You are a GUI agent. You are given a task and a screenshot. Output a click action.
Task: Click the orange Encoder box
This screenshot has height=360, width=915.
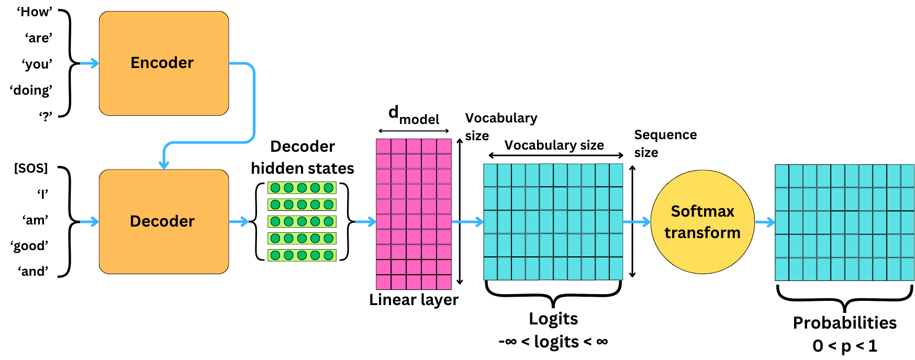(x=163, y=63)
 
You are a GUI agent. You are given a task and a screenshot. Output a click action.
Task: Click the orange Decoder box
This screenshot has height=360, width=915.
(x=163, y=221)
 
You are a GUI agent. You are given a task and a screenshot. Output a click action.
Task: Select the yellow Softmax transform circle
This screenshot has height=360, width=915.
(x=702, y=222)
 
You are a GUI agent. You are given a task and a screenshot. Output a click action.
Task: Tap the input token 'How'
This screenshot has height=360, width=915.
(x=35, y=12)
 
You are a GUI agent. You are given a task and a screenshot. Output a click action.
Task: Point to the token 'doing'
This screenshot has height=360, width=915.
(x=31, y=90)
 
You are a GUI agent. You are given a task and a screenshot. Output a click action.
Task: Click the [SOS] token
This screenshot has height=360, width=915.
(x=31, y=168)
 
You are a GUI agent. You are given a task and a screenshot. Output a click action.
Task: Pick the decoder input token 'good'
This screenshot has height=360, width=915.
(x=30, y=245)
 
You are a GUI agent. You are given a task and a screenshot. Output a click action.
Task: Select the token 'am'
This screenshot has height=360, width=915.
(x=35, y=220)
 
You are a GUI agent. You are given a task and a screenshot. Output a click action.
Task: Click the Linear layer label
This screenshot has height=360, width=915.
(x=414, y=300)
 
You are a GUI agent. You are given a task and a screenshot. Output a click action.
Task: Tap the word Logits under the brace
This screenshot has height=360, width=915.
(x=553, y=319)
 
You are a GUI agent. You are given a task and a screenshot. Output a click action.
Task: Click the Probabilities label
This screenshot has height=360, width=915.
(x=844, y=323)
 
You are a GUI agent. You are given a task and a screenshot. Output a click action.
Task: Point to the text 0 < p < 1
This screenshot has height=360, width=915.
(x=844, y=346)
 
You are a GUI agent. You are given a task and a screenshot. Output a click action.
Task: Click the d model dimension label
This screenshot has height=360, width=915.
(x=414, y=115)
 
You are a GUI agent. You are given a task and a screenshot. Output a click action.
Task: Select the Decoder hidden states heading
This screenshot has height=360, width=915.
(x=303, y=157)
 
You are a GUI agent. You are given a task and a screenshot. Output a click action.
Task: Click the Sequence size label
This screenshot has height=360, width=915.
(x=665, y=143)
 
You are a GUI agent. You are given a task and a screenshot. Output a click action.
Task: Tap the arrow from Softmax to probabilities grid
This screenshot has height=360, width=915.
(x=764, y=222)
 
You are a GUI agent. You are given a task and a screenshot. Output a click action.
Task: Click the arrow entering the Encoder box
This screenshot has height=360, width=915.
(x=89, y=63)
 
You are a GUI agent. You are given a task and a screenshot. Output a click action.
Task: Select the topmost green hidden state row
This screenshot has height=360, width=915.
(x=302, y=188)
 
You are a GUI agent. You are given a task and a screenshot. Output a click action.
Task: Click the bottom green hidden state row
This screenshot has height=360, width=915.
(x=302, y=255)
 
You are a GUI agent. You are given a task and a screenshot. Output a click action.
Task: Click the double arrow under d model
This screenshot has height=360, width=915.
(x=414, y=131)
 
